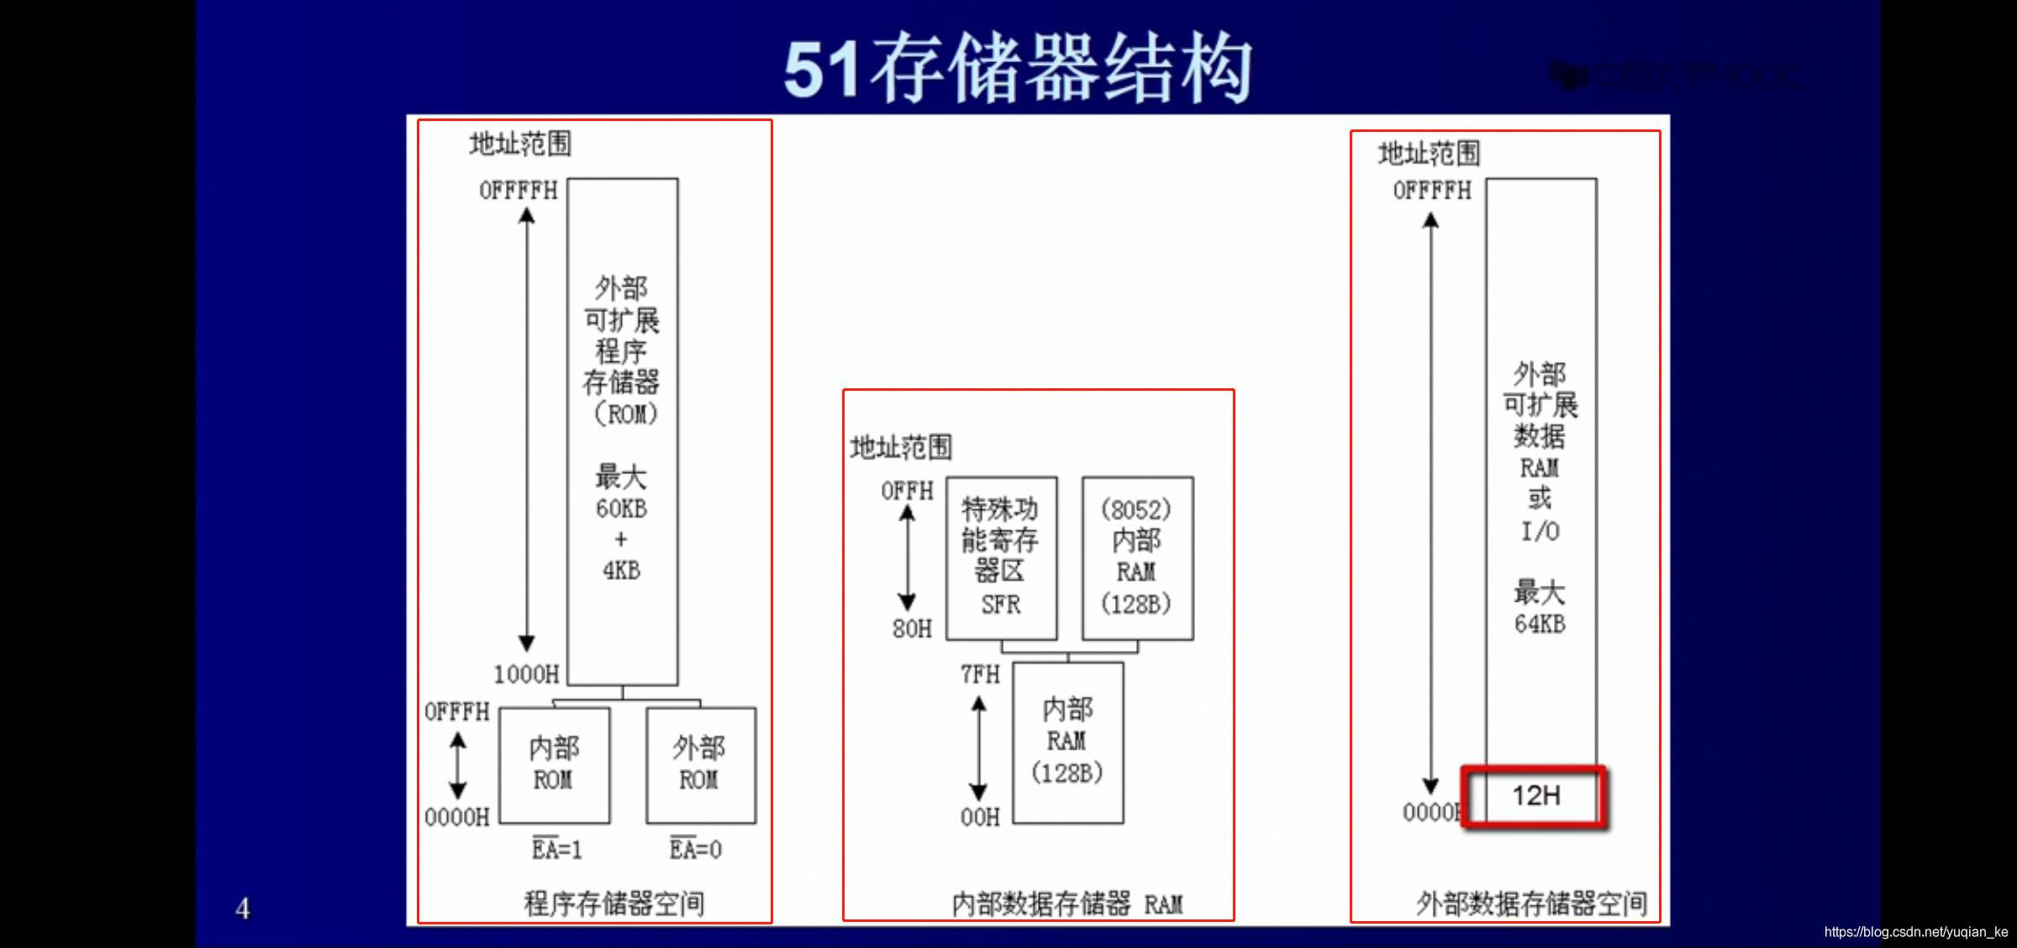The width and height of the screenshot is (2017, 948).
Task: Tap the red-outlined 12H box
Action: (1535, 796)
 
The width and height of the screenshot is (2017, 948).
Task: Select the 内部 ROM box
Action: (555, 765)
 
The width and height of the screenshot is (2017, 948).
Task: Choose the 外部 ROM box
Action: (700, 765)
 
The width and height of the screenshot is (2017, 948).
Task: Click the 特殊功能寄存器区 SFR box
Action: (1001, 558)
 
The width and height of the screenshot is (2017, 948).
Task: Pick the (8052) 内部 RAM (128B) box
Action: (1137, 558)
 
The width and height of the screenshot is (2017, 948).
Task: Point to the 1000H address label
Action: (526, 674)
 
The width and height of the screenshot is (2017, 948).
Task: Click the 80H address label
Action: (912, 629)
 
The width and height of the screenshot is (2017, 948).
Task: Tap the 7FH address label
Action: (980, 674)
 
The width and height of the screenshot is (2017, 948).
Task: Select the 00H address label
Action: (980, 817)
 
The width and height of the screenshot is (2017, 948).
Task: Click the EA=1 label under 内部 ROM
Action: (556, 849)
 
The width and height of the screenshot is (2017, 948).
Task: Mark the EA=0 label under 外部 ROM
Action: (696, 849)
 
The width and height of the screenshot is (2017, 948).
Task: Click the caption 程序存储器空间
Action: (614, 904)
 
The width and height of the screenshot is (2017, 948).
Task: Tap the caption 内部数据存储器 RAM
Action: (1067, 904)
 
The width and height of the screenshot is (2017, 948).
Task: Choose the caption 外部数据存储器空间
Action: (1531, 904)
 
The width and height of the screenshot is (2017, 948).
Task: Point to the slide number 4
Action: (243, 908)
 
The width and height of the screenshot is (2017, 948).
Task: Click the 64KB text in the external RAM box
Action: (1540, 624)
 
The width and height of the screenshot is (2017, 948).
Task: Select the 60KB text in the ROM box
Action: (621, 508)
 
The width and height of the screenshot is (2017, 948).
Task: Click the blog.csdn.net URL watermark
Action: (1915, 932)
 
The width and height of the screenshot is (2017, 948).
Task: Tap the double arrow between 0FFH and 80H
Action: (907, 558)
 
